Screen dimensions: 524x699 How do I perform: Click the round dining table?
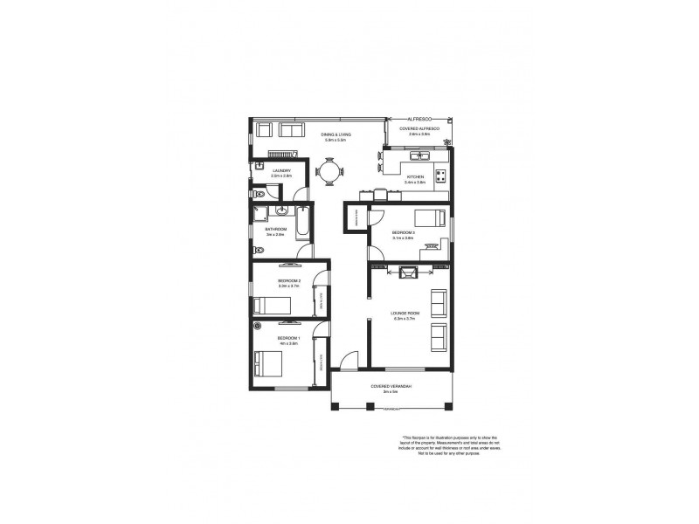click(x=329, y=172)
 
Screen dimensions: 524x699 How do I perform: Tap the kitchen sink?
click(x=421, y=156)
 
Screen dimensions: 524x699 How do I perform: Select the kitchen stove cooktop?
click(x=440, y=175)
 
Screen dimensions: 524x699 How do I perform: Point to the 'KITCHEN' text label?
click(x=416, y=177)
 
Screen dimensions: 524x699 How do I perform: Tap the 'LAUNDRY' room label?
click(x=281, y=171)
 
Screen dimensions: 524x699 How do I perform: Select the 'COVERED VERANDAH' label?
click(x=391, y=386)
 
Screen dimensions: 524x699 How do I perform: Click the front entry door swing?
click(x=349, y=359)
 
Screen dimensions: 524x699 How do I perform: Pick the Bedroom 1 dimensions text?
click(x=288, y=343)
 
